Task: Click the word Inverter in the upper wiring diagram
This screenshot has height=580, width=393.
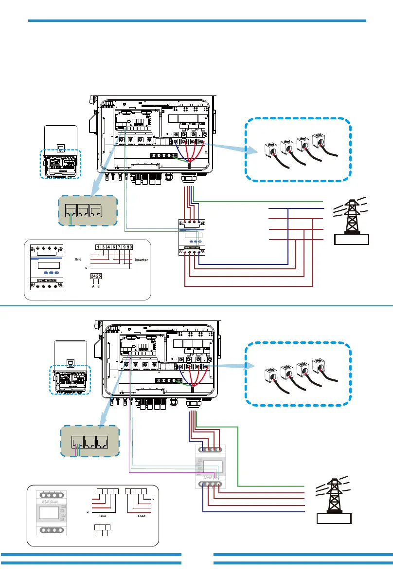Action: [141, 260]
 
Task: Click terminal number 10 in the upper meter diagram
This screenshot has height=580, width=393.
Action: [130, 247]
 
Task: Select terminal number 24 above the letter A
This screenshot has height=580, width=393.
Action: [93, 276]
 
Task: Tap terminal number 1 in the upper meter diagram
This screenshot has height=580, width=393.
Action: [98, 247]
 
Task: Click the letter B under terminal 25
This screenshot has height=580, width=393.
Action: [99, 287]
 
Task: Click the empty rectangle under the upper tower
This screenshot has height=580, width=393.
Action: [351, 239]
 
